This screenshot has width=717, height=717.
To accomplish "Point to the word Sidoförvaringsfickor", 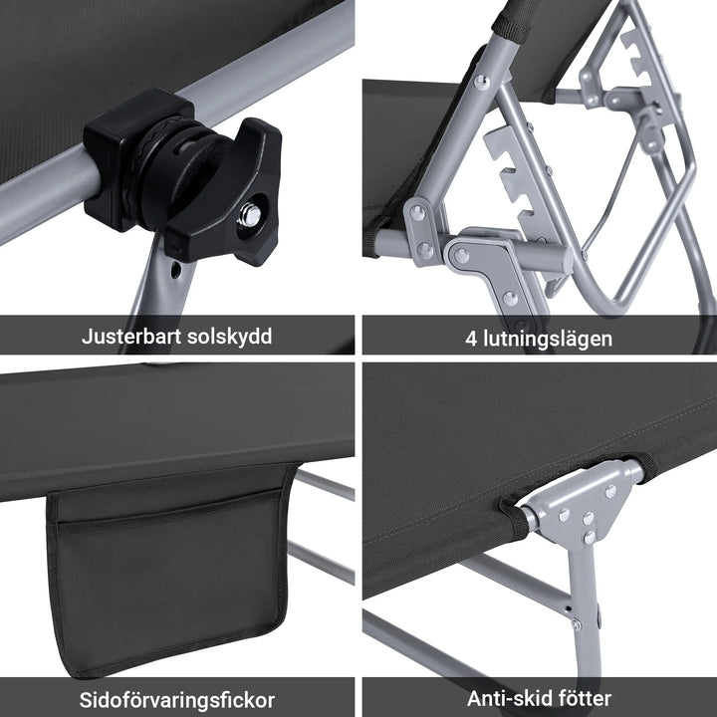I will coord(177,698).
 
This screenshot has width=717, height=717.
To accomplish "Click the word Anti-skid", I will coord(506,698).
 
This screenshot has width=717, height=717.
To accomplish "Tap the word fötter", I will coord(581,698).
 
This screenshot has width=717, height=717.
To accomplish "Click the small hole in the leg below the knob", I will coord(176,269).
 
